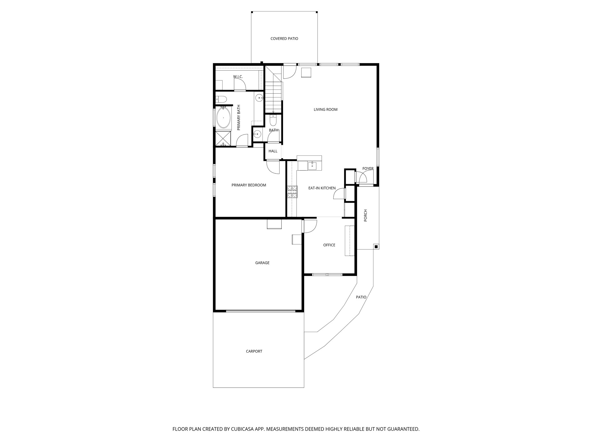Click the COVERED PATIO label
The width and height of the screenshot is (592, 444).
coord(284,38)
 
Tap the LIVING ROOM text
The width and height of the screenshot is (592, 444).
coord(325,110)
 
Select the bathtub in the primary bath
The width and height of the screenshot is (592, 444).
coord(223,118)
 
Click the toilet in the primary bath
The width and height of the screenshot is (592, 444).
coord(221,99)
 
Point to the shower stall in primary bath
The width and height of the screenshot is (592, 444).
coord(223,139)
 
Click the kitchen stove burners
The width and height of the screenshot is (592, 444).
coord(292,192)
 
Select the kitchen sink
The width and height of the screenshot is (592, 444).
coord(312,166)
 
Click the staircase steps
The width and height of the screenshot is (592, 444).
coord(273,95)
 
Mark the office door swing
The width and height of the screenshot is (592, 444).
coord(310,226)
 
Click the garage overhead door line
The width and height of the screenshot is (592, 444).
coord(260,311)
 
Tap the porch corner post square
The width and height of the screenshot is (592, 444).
coord(376,246)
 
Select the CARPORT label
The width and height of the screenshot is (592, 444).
coord(254,351)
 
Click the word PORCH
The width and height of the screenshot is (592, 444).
coord(365,215)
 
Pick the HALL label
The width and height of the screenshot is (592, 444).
coord(273,151)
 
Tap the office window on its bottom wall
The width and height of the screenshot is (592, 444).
coord(327,274)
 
